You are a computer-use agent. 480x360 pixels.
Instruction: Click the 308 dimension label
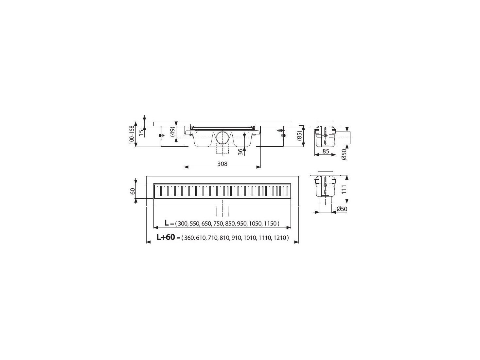pyautogui.click(x=222, y=164)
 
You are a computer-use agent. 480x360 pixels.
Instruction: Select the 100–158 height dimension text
pyautogui.click(x=132, y=135)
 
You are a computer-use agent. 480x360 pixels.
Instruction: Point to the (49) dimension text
pyautogui.click(x=173, y=132)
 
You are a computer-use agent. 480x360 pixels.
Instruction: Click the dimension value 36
pyautogui.click(x=240, y=152)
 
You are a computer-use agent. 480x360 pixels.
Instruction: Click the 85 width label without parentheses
pyautogui.click(x=326, y=151)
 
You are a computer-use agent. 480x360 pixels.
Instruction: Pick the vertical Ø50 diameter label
pyautogui.click(x=344, y=154)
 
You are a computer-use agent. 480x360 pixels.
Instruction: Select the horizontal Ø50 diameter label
pyautogui.click(x=342, y=209)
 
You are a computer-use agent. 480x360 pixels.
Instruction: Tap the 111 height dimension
pyautogui.click(x=344, y=189)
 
